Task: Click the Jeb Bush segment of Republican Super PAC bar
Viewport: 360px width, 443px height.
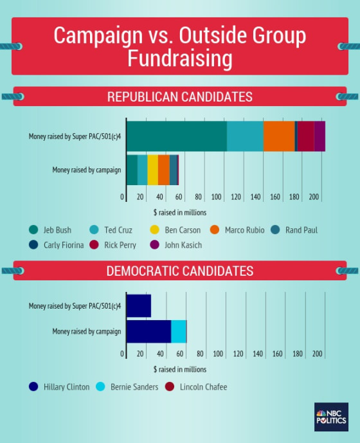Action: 176,136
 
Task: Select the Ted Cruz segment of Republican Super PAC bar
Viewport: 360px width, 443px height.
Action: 245,136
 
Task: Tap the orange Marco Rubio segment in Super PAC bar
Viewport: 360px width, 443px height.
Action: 279,136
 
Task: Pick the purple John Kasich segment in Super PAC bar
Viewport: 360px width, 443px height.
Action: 319,136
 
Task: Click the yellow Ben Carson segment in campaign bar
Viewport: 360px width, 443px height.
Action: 152,170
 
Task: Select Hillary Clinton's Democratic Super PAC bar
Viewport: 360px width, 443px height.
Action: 138,305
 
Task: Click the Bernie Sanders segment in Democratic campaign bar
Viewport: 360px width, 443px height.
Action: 179,331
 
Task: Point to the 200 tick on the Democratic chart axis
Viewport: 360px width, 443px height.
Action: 317,354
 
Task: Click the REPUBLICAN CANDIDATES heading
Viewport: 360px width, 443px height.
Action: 179,97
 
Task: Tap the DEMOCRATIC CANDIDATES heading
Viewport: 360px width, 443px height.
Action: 179,271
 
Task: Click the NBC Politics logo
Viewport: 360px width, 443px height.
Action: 331,417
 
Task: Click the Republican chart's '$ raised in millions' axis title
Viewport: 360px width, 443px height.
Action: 179,212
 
